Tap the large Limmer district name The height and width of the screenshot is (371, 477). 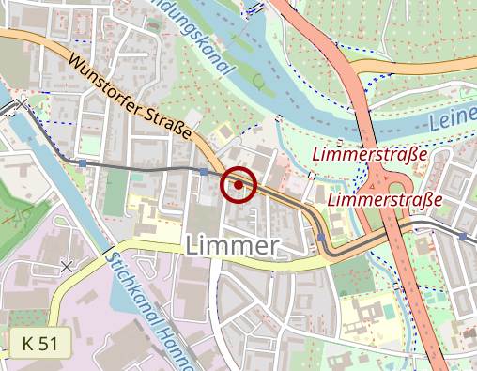pos(234,246)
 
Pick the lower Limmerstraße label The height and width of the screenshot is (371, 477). pos(386,200)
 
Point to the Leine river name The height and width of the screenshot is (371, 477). pos(453,119)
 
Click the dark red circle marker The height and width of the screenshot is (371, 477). pos(238,185)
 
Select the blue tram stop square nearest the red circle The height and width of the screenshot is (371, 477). pos(204,172)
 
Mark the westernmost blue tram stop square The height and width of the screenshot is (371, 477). pos(83,163)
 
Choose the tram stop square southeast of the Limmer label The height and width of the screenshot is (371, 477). pos(321,238)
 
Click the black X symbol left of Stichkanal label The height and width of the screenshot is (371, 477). pos(67,266)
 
